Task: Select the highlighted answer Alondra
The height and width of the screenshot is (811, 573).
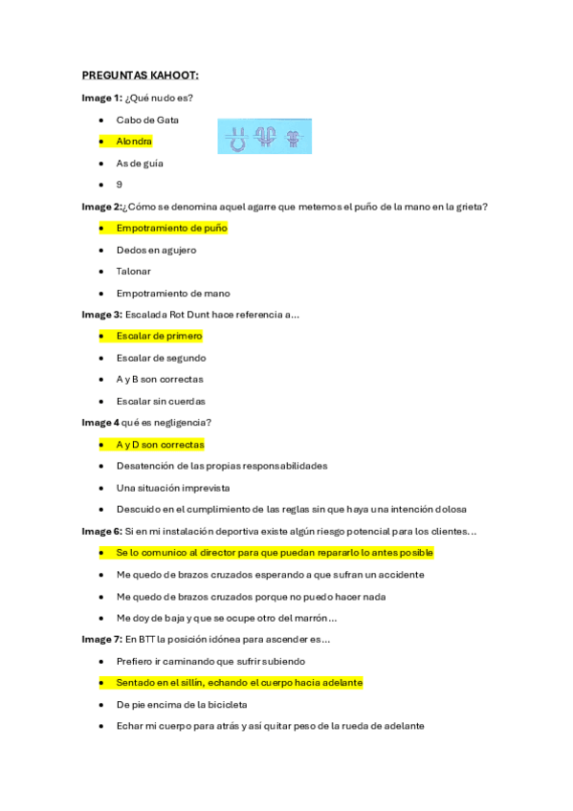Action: (134, 142)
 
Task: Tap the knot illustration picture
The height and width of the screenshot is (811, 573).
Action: (266, 138)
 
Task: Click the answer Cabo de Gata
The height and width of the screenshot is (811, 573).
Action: (147, 120)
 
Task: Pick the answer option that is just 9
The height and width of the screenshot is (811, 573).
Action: (120, 185)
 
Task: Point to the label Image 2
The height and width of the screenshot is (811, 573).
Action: (101, 207)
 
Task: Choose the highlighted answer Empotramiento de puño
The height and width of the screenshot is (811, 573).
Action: (171, 229)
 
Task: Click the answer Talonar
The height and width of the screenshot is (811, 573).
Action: (134, 272)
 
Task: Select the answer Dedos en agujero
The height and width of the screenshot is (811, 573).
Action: (156, 250)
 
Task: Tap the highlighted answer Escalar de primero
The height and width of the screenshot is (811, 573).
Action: (159, 337)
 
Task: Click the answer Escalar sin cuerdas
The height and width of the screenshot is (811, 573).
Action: (161, 402)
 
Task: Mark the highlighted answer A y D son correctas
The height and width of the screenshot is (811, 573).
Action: (160, 445)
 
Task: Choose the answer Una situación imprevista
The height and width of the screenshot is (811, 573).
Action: (172, 488)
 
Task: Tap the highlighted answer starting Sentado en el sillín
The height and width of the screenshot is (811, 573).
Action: (239, 683)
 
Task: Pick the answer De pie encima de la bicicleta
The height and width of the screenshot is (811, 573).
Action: (182, 705)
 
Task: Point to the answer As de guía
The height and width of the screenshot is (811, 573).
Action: (140, 164)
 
